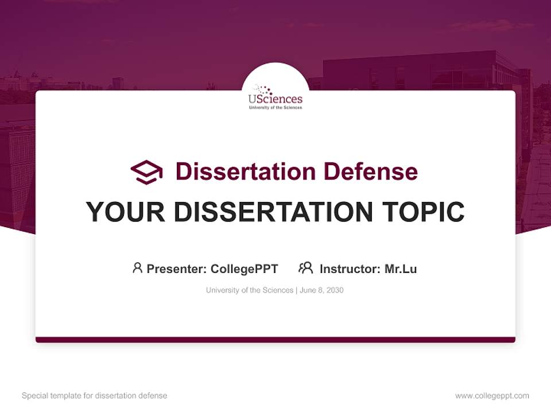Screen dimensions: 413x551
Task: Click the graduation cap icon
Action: (x=146, y=172)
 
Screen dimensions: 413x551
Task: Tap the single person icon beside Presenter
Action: (x=137, y=268)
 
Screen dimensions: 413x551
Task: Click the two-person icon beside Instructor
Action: (x=305, y=268)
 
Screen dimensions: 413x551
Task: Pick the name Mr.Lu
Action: (x=401, y=268)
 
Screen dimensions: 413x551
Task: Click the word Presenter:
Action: (x=177, y=268)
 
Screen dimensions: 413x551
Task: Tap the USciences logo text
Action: (x=275, y=99)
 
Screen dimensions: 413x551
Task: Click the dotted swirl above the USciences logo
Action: (x=263, y=89)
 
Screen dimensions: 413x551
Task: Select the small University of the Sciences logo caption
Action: (x=275, y=107)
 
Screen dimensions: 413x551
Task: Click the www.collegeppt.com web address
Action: (x=492, y=396)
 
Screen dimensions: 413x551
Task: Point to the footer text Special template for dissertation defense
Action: (x=95, y=396)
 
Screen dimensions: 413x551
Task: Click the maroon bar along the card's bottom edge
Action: (x=275, y=340)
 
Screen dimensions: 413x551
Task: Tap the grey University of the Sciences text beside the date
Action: (x=250, y=290)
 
